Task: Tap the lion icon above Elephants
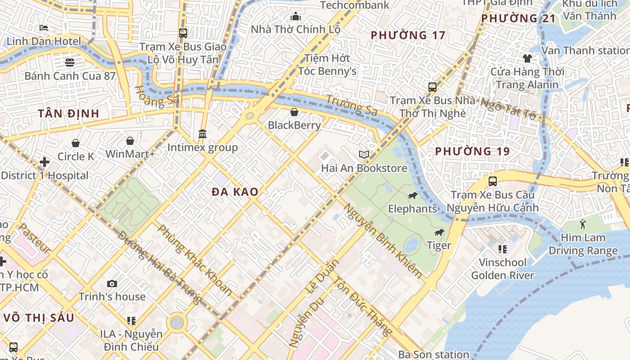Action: tap(412, 196)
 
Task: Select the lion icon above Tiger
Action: tap(439, 233)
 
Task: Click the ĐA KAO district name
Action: tap(235, 192)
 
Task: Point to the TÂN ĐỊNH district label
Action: tap(68, 113)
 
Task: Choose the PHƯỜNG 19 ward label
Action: tap(472, 152)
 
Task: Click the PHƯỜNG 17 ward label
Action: tap(408, 35)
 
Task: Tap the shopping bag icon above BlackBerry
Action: tap(294, 112)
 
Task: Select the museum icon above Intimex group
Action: tap(202, 134)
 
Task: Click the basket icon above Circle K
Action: tap(76, 143)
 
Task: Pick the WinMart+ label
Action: tap(130, 154)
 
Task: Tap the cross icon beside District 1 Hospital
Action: tap(45, 162)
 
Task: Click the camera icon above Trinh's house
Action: tap(112, 283)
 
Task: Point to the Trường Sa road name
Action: tap(351, 105)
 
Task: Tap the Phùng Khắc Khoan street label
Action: tap(195, 261)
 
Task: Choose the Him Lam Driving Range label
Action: tap(583, 244)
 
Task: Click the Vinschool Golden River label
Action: tap(503, 269)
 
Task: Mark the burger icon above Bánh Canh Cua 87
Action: tap(70, 62)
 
